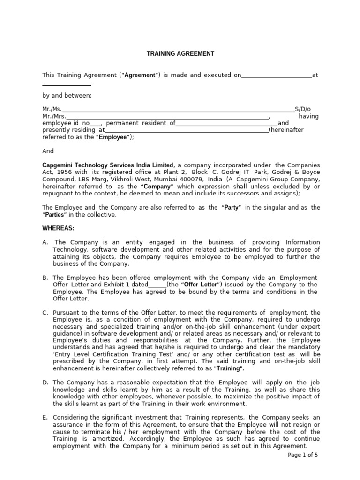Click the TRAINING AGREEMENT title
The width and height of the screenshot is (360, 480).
point(180,54)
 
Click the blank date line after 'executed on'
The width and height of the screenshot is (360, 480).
point(277,75)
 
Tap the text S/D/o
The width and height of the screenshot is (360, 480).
point(302,109)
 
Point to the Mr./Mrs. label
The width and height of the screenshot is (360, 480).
point(54,116)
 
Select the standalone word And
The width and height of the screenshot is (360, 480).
point(48,151)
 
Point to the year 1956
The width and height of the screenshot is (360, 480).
point(65,172)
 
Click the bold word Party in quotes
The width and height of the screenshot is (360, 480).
point(232,208)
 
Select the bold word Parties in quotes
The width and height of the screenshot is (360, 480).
point(55,215)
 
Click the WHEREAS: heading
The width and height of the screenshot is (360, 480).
point(59,228)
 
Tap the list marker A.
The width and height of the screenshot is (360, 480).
point(45,242)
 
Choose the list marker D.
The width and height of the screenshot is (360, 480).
point(45,382)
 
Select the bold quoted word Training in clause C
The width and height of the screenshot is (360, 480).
point(229,368)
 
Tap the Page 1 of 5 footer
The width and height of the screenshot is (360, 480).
point(303,455)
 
